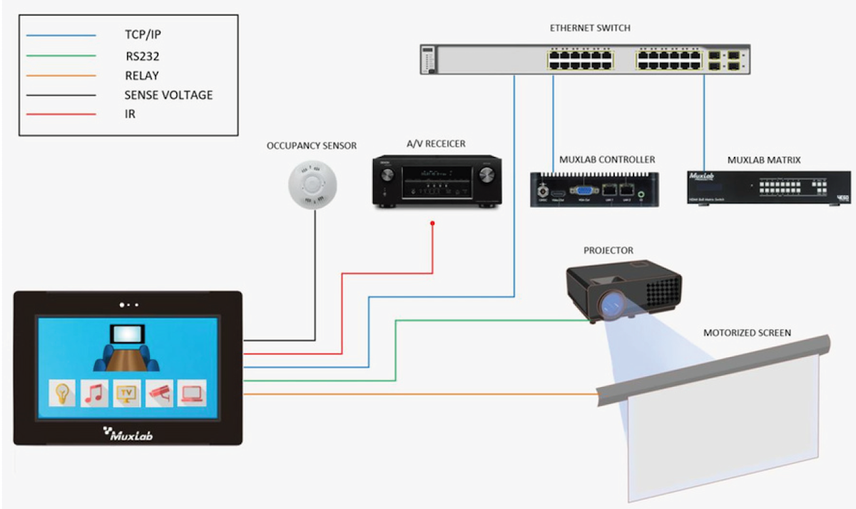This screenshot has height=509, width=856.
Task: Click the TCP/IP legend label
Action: [143, 34]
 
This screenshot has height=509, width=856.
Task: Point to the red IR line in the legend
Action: [61, 114]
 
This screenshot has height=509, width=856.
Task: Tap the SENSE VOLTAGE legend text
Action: [168, 95]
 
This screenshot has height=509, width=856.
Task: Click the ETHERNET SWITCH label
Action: [589, 28]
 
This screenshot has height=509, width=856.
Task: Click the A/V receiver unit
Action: [437, 183]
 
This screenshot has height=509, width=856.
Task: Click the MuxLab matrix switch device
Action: [769, 188]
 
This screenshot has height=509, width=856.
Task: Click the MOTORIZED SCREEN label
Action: [747, 333]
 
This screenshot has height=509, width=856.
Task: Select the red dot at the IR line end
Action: [433, 224]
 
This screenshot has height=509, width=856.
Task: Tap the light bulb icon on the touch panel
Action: [63, 393]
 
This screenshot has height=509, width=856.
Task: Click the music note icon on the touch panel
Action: [94, 393]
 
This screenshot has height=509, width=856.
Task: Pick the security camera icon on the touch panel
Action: [159, 393]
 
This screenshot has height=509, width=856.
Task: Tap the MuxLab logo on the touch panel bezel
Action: [128, 433]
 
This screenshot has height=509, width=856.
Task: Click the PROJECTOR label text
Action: [608, 251]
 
